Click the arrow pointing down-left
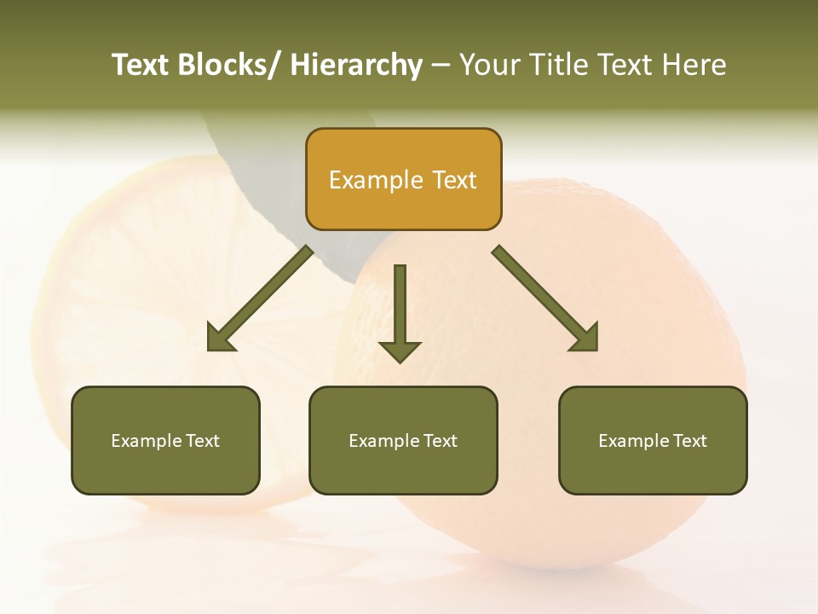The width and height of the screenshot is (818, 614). click(x=260, y=299)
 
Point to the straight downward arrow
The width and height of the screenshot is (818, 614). click(x=400, y=311)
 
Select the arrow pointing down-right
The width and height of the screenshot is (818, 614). click(x=544, y=298)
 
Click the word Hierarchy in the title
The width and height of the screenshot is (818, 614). click(x=356, y=65)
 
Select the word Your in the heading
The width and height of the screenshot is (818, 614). click(x=489, y=65)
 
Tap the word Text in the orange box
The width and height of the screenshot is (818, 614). click(x=453, y=180)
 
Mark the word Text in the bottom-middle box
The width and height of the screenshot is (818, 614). click(x=441, y=441)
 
